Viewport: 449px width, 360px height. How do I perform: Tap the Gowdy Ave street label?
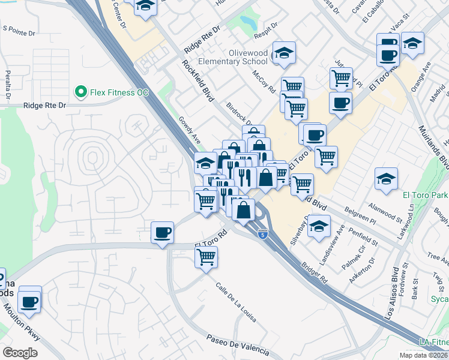189,129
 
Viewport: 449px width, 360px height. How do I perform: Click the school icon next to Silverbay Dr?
320,226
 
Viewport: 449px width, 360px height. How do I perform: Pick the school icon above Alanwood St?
385,178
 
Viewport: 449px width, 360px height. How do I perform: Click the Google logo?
20,352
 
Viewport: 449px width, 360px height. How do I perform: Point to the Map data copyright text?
423,355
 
